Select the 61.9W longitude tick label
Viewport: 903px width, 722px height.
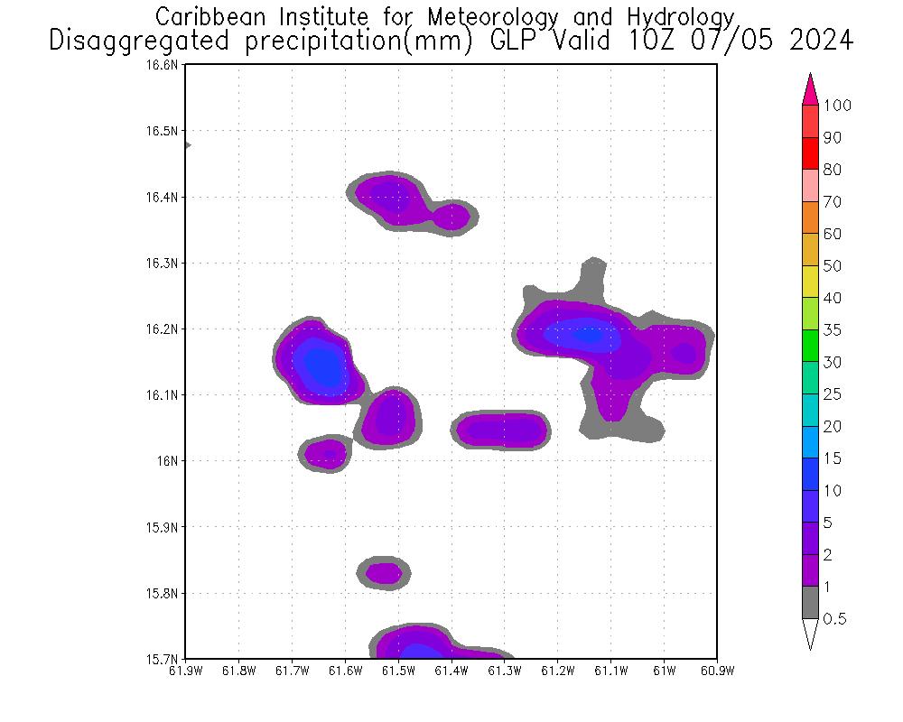click(185, 671)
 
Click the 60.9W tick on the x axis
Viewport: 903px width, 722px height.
click(716, 671)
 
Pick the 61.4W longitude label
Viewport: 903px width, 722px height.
click(451, 671)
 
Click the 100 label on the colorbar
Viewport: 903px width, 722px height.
click(837, 106)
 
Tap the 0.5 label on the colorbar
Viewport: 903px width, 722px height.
click(834, 619)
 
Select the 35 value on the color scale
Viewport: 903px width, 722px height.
click(832, 330)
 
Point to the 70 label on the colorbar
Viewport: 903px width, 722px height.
click(832, 202)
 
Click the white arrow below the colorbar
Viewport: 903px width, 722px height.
click(810, 634)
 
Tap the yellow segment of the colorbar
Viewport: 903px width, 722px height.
click(810, 282)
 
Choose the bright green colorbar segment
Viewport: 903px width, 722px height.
click(810, 347)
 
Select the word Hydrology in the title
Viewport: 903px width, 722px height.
click(679, 16)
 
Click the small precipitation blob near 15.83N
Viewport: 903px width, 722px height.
click(385, 572)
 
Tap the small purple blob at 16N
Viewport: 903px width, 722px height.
click(326, 454)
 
